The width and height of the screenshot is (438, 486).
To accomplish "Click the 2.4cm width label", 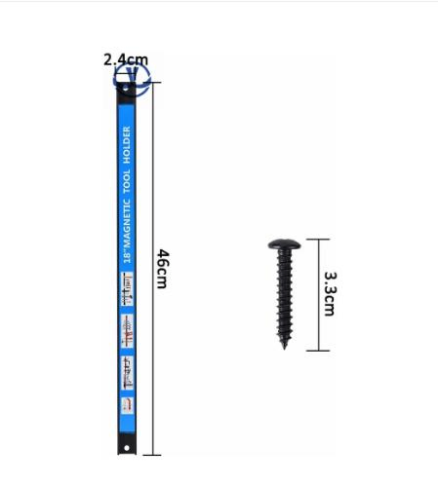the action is point(126,59).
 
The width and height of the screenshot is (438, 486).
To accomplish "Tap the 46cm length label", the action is point(163,269).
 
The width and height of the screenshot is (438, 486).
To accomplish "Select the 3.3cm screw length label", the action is point(331,294).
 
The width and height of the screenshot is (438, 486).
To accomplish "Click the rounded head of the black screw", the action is point(284,244).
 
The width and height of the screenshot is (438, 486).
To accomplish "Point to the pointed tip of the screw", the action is point(285,348).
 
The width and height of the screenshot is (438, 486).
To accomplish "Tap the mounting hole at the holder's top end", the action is point(126,88).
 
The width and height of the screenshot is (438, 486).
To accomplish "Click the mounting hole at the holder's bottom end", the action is point(127,448).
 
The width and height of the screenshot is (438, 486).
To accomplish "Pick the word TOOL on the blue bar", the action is point(127,181).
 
